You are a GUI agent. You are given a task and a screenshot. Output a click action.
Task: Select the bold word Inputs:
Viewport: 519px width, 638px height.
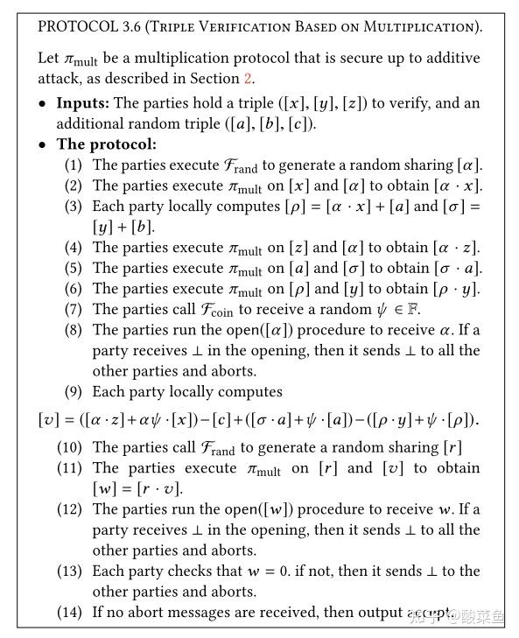(x=83, y=103)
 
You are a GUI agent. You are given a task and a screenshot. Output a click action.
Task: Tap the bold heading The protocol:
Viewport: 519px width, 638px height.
(x=106, y=144)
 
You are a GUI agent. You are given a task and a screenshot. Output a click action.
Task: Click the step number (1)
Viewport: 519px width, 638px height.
(x=74, y=165)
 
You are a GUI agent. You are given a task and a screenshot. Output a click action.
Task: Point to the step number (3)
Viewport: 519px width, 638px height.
(x=74, y=207)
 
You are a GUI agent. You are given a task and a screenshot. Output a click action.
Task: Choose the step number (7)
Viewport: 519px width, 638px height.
(x=74, y=309)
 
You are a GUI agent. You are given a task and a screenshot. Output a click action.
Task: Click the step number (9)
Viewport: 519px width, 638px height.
(x=74, y=391)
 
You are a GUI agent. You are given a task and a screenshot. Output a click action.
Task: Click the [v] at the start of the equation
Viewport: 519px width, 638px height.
(x=48, y=419)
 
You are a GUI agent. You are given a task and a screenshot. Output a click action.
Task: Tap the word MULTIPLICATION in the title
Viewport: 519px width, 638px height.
(x=424, y=26)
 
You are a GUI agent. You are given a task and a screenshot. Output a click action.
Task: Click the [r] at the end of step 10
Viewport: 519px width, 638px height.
(x=451, y=448)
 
